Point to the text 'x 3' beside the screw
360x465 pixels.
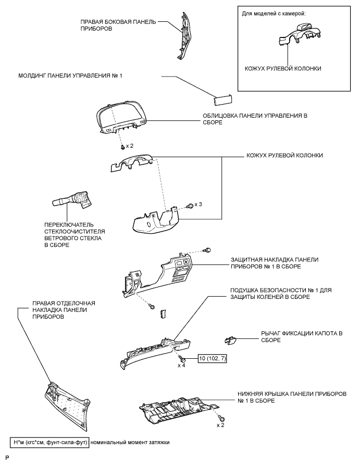198,204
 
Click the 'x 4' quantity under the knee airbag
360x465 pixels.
182,366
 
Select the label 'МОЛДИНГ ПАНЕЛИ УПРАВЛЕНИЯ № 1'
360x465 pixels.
69,76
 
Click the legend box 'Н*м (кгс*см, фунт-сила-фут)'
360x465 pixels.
49,442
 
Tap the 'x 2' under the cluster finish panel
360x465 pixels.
128,146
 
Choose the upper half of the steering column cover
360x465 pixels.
131,162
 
